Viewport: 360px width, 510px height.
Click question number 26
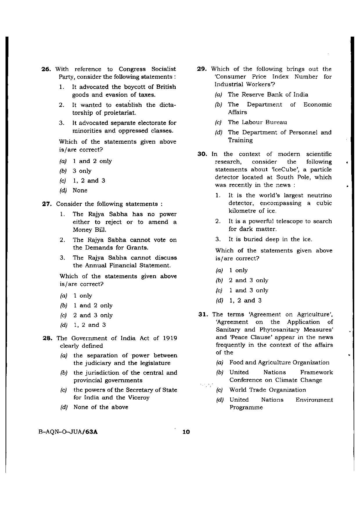[x=46, y=69]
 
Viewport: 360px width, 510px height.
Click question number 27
[x=47, y=204]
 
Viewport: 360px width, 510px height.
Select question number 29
[x=202, y=69]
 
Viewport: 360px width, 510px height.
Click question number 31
[x=203, y=314]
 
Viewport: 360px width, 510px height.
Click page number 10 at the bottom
[x=186, y=432]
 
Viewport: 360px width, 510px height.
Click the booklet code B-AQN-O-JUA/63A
[x=68, y=432]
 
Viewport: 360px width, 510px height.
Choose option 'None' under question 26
[x=80, y=191]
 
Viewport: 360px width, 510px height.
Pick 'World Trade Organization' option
[x=267, y=390]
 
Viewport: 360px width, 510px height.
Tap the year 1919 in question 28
[x=170, y=338]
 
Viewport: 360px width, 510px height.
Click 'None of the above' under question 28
[x=101, y=407]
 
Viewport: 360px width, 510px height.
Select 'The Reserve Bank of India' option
[x=268, y=95]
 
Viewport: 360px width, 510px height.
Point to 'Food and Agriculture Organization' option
[x=279, y=363]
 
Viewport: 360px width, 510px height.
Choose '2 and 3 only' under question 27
[x=93, y=315]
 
